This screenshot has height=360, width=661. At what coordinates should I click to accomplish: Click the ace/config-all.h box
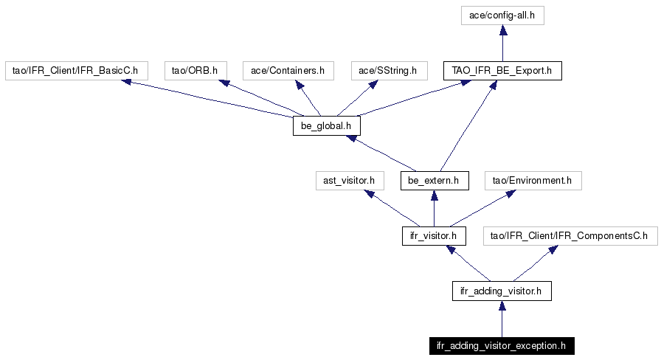(502, 15)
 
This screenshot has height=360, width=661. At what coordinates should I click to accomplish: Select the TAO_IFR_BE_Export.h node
(502, 70)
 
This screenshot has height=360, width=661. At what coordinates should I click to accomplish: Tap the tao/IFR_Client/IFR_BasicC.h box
(76, 70)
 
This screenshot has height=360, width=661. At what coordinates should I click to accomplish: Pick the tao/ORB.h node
(195, 70)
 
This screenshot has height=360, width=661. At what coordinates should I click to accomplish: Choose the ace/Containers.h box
(288, 70)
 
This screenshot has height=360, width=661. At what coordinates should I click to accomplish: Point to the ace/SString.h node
(389, 70)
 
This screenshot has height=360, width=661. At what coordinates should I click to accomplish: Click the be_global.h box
(327, 125)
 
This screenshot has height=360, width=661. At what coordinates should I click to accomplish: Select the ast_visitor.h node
(350, 181)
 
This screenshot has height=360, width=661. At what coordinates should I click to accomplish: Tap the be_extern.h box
(435, 181)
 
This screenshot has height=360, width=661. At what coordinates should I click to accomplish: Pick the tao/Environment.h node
(533, 181)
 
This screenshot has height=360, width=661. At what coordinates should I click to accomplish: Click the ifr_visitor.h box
(434, 235)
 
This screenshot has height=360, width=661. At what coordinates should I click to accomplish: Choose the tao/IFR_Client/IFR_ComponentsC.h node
(570, 235)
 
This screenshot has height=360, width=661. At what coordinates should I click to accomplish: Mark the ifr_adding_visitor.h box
(502, 291)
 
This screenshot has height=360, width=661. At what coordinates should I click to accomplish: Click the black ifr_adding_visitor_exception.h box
(502, 346)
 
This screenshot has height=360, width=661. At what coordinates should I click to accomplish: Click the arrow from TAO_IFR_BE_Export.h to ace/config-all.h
(502, 43)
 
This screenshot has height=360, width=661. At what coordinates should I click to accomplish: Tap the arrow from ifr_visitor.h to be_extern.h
(435, 208)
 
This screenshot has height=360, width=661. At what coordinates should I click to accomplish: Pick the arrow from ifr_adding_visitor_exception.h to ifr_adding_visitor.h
(502, 319)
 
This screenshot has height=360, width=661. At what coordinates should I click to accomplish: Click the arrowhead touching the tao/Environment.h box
(511, 194)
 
